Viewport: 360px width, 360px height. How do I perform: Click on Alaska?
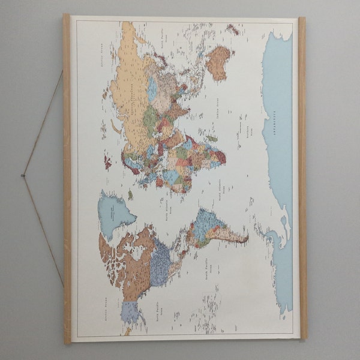point(130,312)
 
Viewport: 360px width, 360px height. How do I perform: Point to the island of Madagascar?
point(211,139)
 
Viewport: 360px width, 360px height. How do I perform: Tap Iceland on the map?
point(129,194)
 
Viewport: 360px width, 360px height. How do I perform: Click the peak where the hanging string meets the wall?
point(22,175)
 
